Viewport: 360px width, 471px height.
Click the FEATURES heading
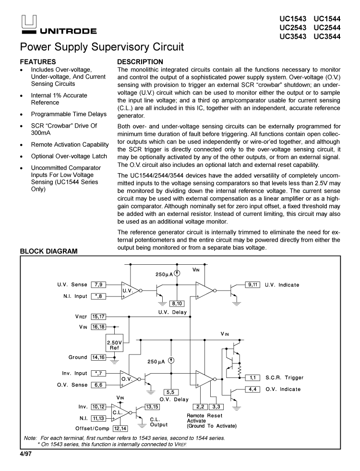[38, 62]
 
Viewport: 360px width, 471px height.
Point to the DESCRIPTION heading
[140, 62]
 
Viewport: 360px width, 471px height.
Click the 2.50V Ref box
[115, 345]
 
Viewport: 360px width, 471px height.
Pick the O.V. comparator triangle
[128, 379]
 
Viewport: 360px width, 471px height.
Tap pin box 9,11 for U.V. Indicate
[252, 284]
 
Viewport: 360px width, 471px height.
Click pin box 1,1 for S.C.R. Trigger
[252, 377]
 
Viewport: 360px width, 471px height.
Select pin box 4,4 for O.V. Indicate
[252, 389]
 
